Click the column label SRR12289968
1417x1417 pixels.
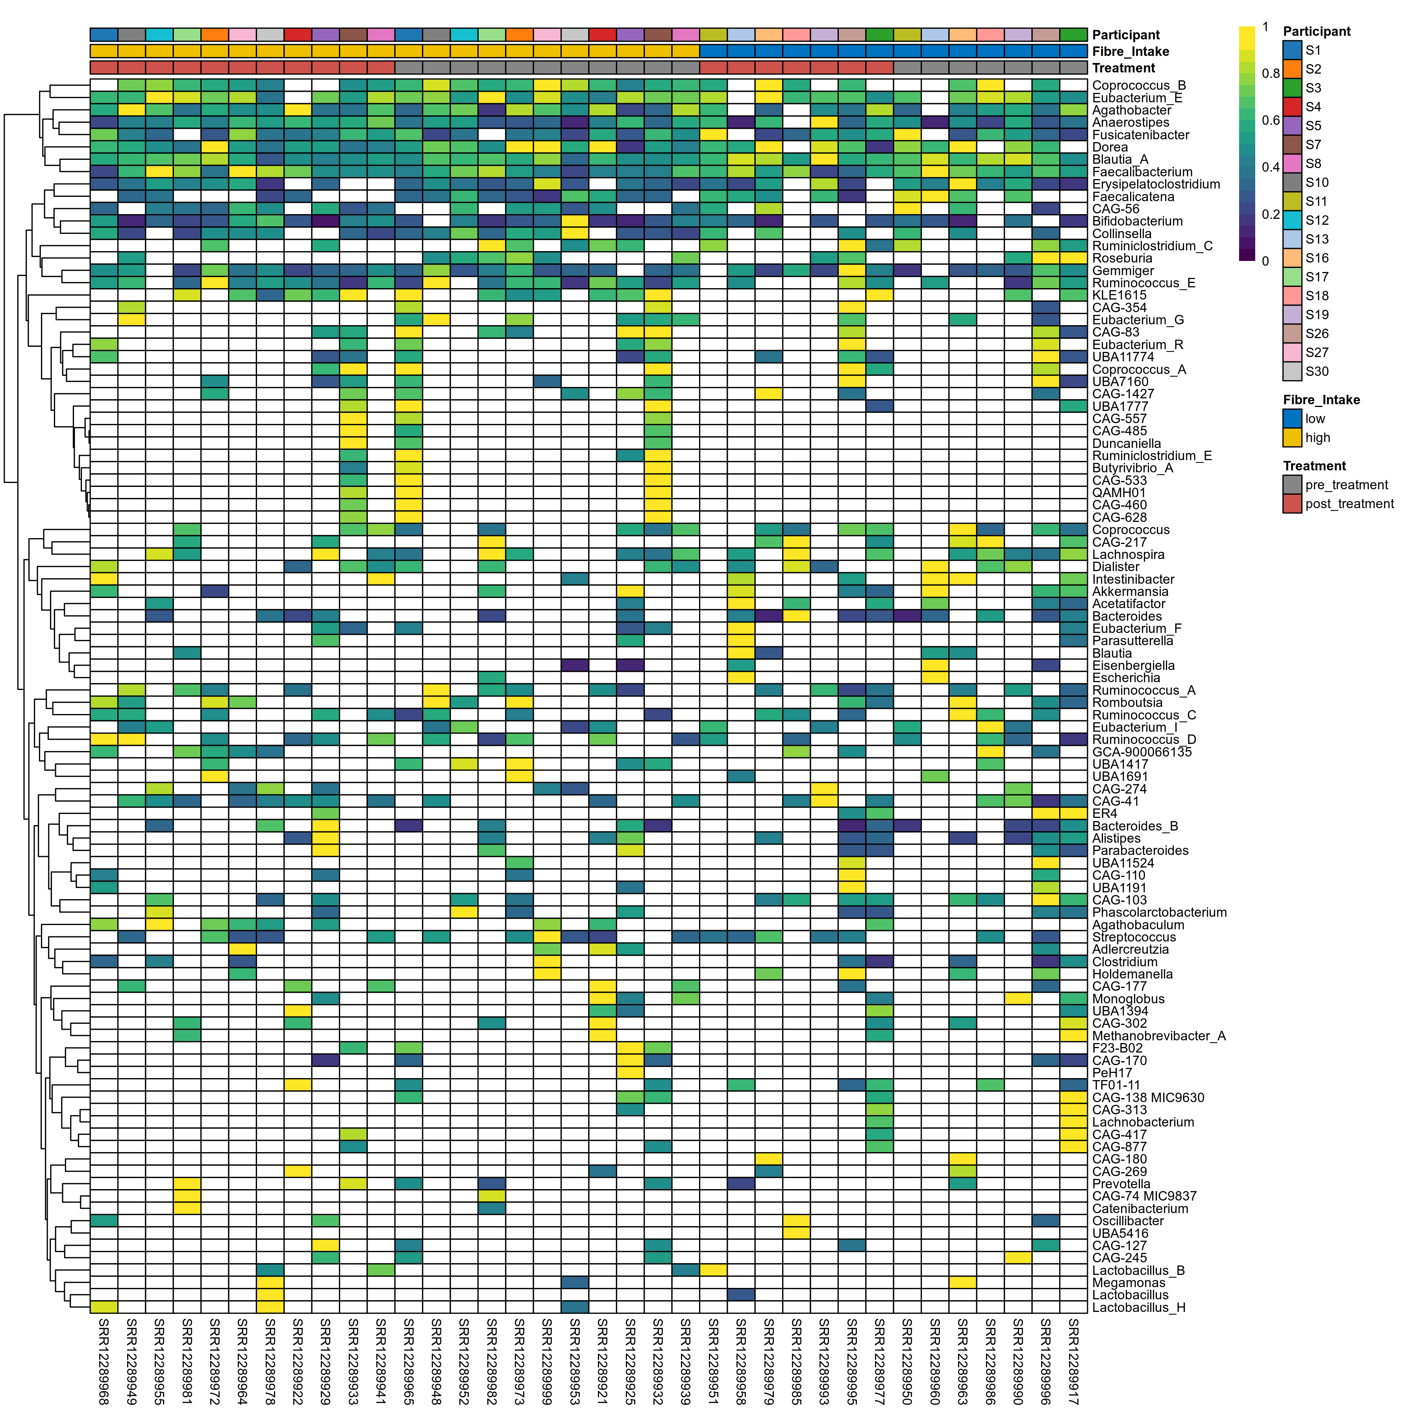click(x=104, y=1361)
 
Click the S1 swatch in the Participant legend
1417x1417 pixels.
click(x=1292, y=50)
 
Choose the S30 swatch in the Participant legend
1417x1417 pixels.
click(x=1292, y=371)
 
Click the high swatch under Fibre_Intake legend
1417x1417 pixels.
click(x=1292, y=438)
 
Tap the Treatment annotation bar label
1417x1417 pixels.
click(x=1123, y=68)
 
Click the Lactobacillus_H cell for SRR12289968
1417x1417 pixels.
click(x=104, y=1307)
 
